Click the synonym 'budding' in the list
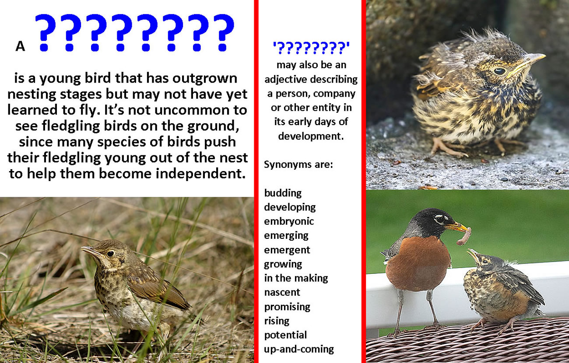(283, 193)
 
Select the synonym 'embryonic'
(289, 221)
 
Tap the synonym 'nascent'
(282, 293)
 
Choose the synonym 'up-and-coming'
(299, 349)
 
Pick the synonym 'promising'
(287, 307)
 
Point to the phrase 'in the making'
(296, 278)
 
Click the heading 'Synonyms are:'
(298, 164)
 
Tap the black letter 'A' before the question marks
(20, 46)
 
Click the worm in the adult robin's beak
(464, 237)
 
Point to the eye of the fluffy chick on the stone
(499, 71)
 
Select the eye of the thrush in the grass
(110, 253)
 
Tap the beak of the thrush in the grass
(90, 251)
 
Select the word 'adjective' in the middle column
(285, 80)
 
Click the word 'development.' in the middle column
(311, 136)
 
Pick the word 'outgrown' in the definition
(205, 79)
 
